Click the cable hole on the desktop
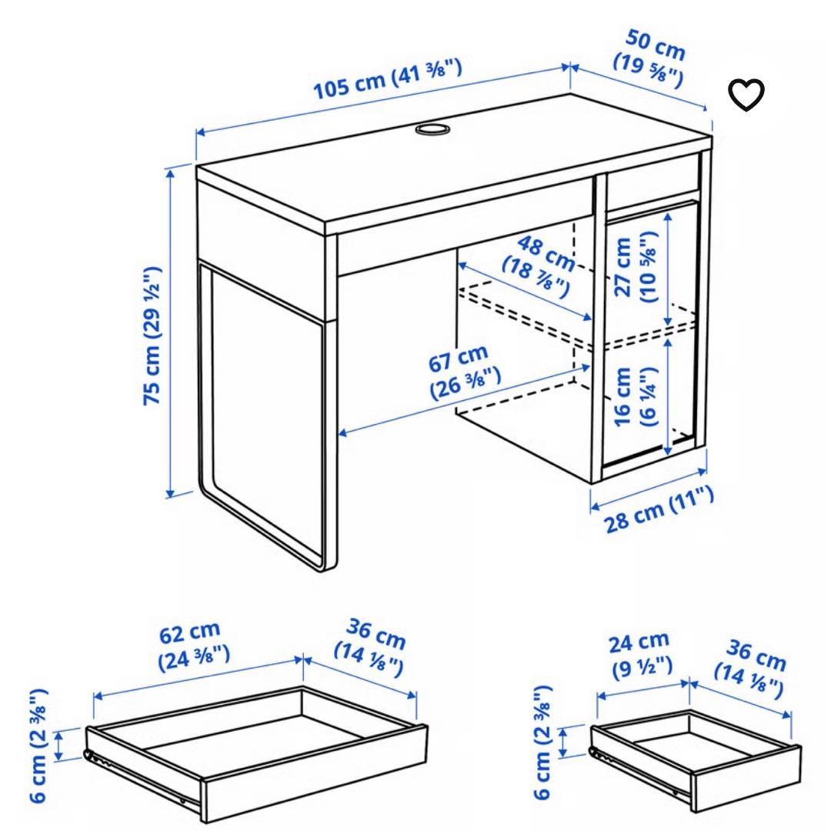point(432,128)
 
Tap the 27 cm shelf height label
point(636,265)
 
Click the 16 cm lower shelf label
point(636,395)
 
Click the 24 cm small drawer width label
point(640,652)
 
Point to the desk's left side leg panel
point(266,412)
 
